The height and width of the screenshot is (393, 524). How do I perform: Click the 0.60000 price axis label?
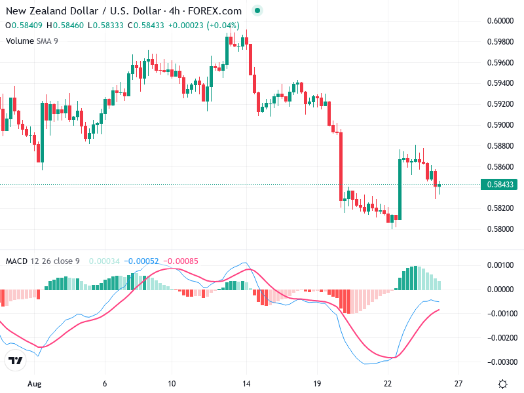coord(501,20)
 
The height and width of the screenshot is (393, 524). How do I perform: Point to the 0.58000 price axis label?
coord(501,229)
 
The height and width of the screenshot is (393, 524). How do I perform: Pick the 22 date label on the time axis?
coord(388,383)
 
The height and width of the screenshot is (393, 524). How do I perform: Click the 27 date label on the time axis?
coord(459,383)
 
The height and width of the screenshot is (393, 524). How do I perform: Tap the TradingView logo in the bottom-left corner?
coord(16,361)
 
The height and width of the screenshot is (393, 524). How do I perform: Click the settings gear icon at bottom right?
coord(503,384)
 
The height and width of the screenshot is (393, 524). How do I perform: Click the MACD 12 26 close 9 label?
coord(43,261)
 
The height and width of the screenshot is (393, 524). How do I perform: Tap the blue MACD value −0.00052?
coord(141,261)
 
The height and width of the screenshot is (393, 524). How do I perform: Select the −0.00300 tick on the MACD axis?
coord(501,362)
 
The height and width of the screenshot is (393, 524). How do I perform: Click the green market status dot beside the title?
coord(257,10)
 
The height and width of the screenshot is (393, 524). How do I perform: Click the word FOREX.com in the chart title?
coord(215,11)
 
